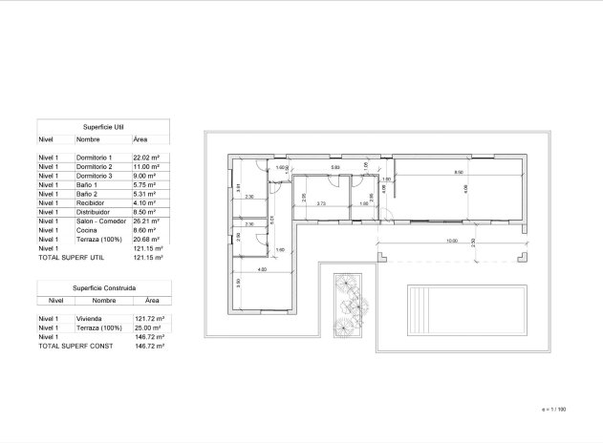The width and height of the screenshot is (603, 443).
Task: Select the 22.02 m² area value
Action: point(145,157)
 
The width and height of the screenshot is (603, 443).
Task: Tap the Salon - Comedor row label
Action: point(100,221)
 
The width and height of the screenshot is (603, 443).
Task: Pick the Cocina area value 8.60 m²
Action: point(143,230)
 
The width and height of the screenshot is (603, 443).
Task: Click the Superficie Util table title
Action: point(103,125)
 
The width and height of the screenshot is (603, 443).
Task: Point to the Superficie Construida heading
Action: point(103,286)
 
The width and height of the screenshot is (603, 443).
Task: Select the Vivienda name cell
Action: point(90,318)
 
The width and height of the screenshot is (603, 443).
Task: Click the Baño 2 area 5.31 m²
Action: point(143,193)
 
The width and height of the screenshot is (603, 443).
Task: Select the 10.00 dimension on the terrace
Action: point(451,242)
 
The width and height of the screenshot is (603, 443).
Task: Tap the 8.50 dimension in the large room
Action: point(459,173)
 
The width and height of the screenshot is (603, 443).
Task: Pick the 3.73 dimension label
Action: point(321,203)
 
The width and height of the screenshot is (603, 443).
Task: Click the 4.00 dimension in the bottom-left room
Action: point(261,269)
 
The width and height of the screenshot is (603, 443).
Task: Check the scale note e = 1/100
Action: point(554,409)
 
